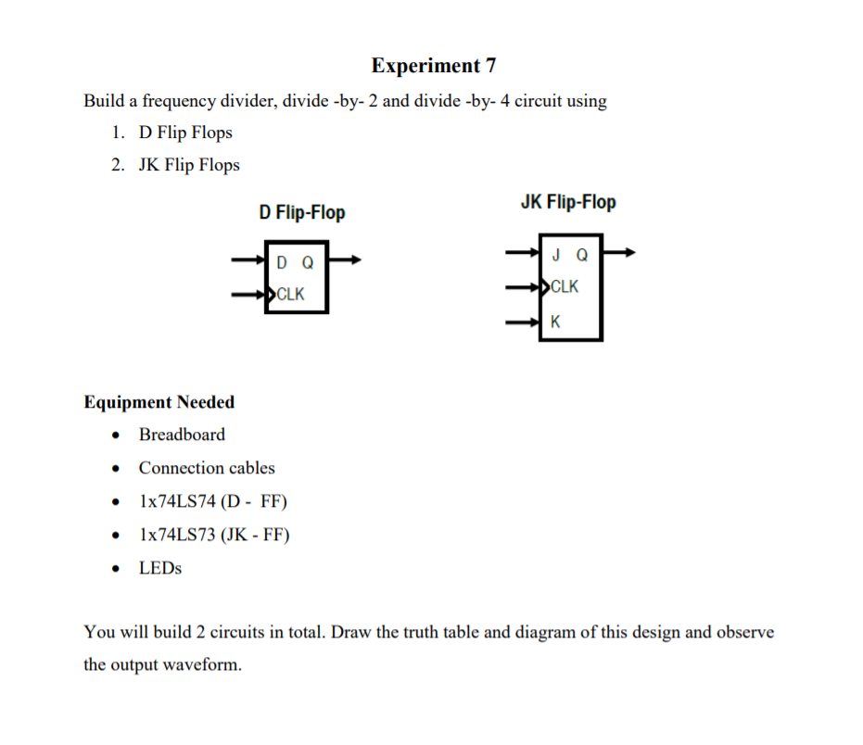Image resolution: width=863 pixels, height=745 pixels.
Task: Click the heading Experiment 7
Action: [x=433, y=65]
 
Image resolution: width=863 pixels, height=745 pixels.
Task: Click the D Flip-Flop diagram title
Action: [x=301, y=213]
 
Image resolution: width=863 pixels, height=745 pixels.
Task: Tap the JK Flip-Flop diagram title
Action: [x=568, y=202]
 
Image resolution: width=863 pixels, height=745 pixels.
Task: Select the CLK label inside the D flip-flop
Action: [x=290, y=295]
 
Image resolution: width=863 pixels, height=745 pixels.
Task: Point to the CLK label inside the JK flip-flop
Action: [x=565, y=286]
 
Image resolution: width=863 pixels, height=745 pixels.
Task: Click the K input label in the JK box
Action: [x=555, y=322]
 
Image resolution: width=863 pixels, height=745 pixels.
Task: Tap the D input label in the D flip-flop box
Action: [x=282, y=263]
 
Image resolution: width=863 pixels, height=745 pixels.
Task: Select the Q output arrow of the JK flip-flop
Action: [x=619, y=252]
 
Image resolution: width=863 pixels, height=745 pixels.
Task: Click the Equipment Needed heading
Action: [x=159, y=402]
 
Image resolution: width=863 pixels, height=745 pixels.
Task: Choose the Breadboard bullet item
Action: [x=182, y=435]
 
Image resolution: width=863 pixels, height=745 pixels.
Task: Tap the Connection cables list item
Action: [x=207, y=468]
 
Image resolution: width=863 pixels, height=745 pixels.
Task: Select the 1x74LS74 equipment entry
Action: [x=213, y=501]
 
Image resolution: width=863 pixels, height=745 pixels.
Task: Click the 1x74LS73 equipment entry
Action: [x=214, y=535]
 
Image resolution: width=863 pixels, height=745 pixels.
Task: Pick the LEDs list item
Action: [x=160, y=568]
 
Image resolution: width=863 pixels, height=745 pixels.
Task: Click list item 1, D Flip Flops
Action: [x=185, y=133]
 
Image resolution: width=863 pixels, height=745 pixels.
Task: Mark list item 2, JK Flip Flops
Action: [x=189, y=165]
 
